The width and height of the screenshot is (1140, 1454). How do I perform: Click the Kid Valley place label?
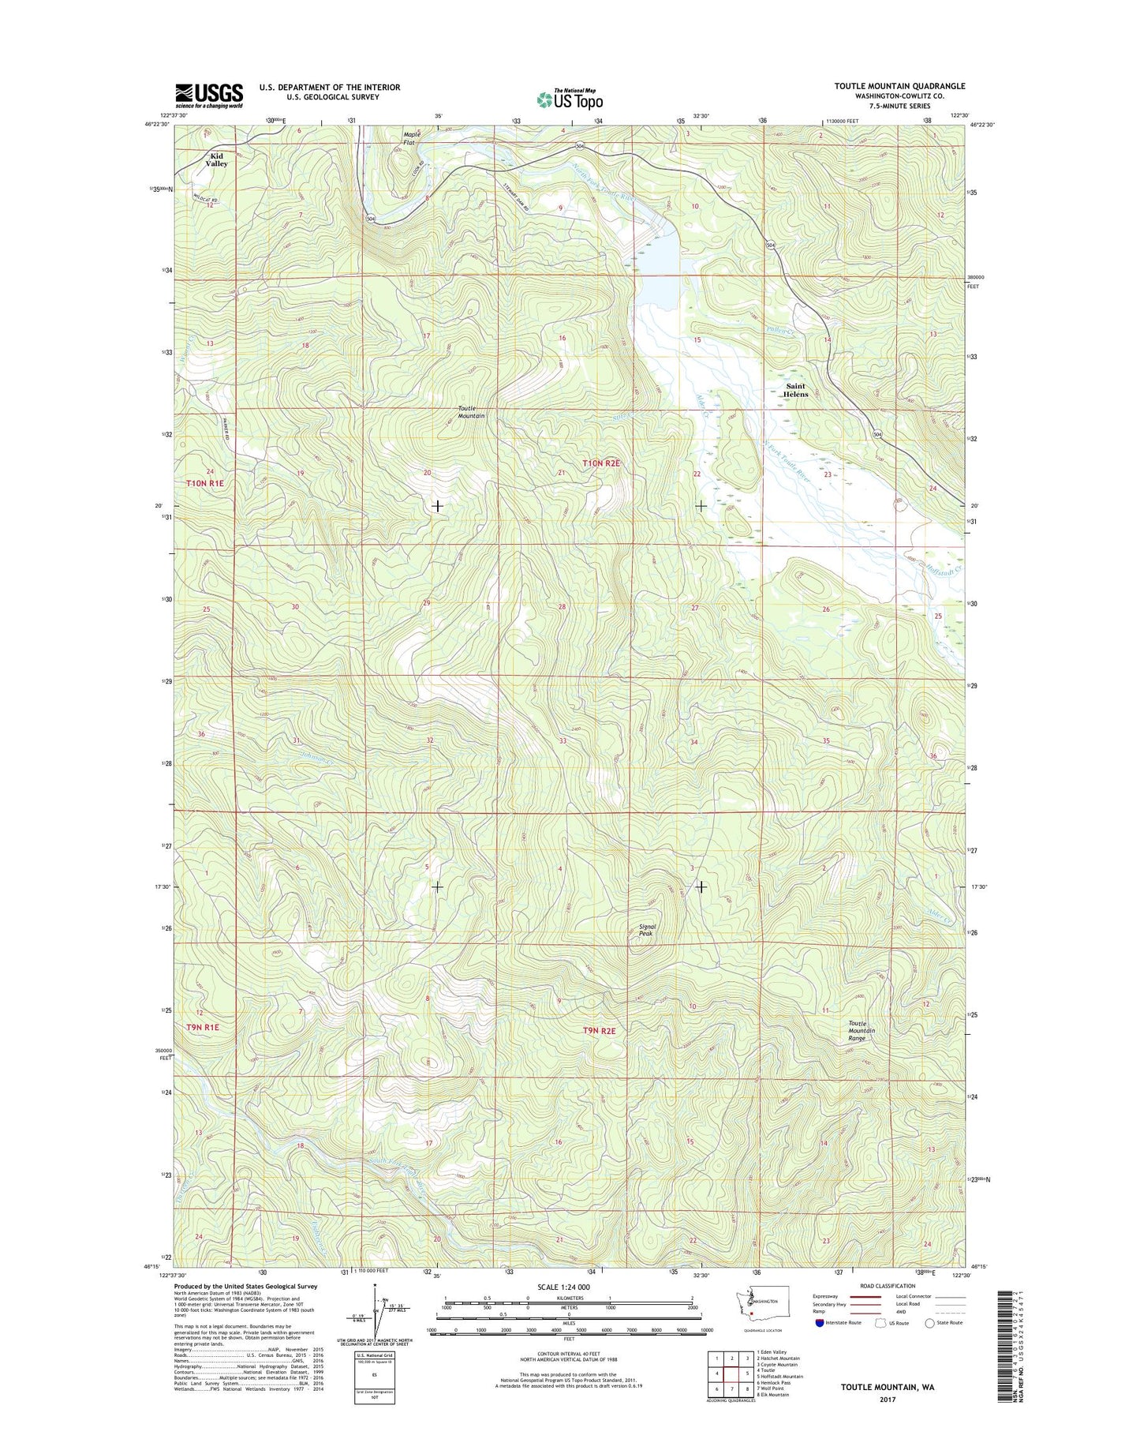[216, 160]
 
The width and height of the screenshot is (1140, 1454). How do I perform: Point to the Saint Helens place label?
[795, 390]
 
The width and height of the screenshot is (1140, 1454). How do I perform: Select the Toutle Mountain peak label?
[471, 412]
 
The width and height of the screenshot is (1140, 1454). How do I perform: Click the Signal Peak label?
[647, 930]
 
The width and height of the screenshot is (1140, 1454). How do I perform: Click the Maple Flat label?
[412, 138]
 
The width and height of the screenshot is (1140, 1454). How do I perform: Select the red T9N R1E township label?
[203, 1027]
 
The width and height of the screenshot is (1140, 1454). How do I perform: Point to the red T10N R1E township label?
[204, 482]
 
